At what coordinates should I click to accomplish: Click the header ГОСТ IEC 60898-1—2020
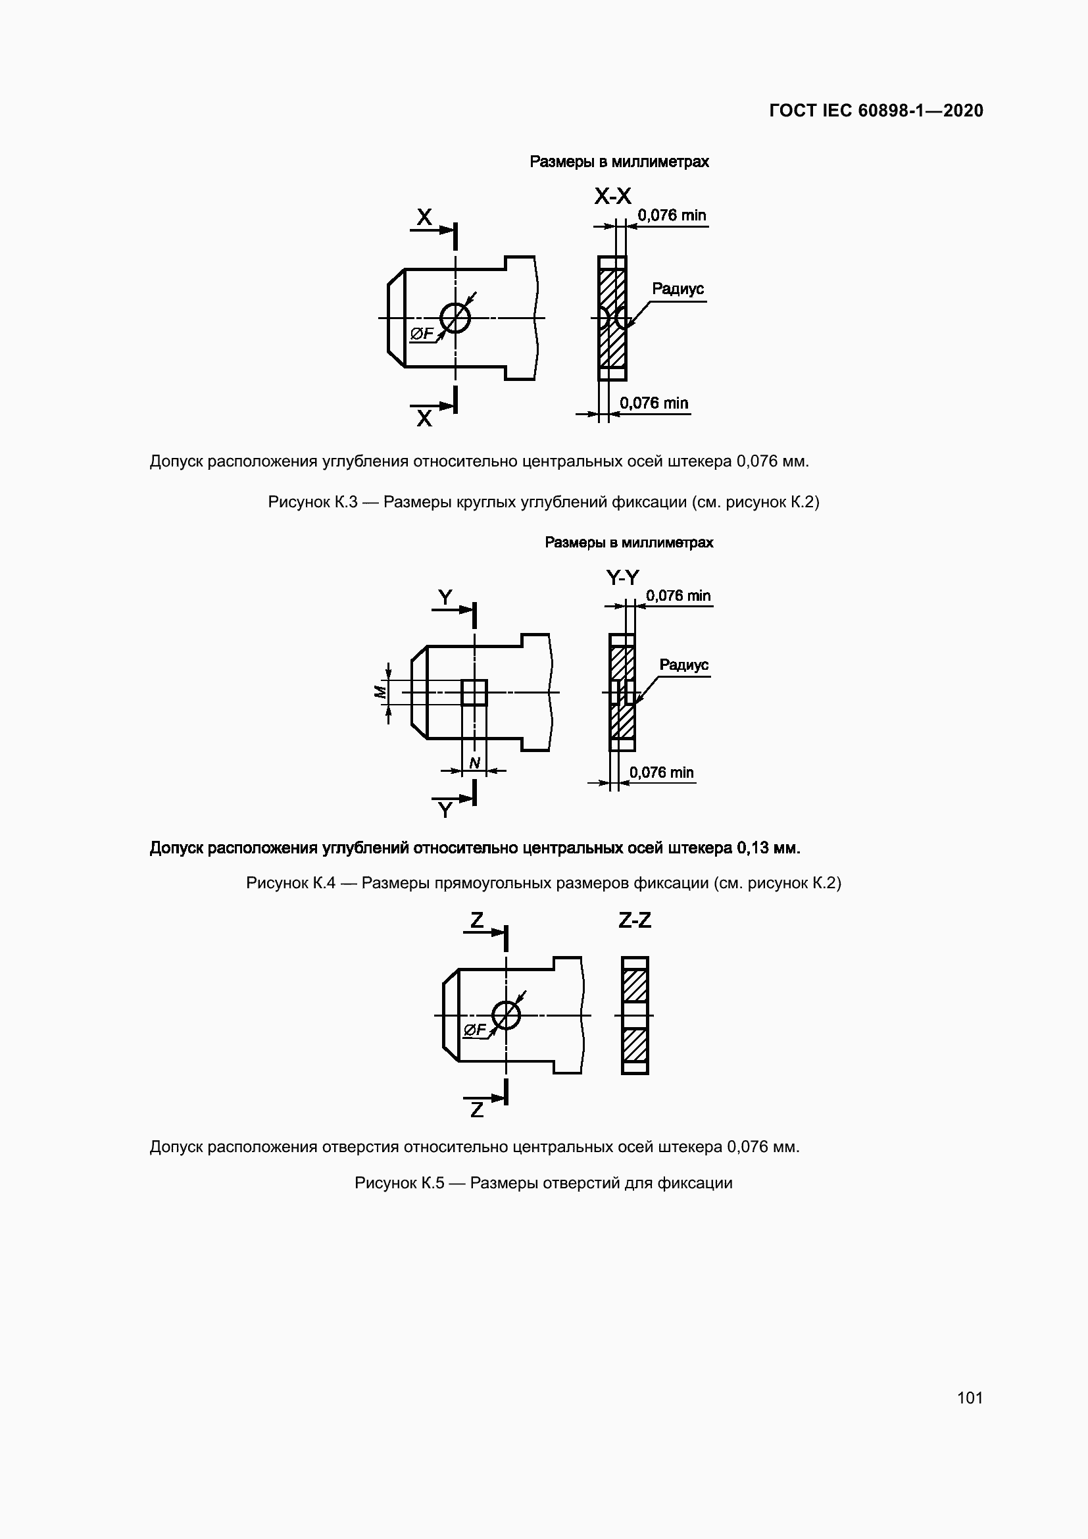pyautogui.click(x=876, y=111)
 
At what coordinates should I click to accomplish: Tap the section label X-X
pyautogui.click(x=612, y=196)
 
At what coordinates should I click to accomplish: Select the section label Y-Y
pyautogui.click(x=622, y=577)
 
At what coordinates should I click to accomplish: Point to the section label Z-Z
pyautogui.click(x=634, y=920)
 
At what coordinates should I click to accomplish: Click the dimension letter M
pyautogui.click(x=380, y=692)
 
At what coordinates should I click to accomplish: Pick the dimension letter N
pyautogui.click(x=474, y=763)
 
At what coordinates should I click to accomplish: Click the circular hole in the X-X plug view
pyautogui.click(x=456, y=318)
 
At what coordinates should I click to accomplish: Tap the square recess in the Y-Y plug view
pyautogui.click(x=474, y=692)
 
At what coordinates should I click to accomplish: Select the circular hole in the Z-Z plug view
pyautogui.click(x=506, y=1015)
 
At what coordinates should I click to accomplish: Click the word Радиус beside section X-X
pyautogui.click(x=678, y=288)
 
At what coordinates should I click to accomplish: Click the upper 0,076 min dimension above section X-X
pyautogui.click(x=672, y=215)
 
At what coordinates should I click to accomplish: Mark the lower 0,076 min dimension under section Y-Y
pyautogui.click(x=661, y=772)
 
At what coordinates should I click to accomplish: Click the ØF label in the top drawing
pyautogui.click(x=422, y=333)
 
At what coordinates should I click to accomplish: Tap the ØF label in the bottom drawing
pyautogui.click(x=474, y=1030)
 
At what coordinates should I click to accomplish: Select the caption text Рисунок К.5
pyautogui.click(x=399, y=1182)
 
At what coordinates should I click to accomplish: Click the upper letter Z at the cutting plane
pyautogui.click(x=476, y=920)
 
